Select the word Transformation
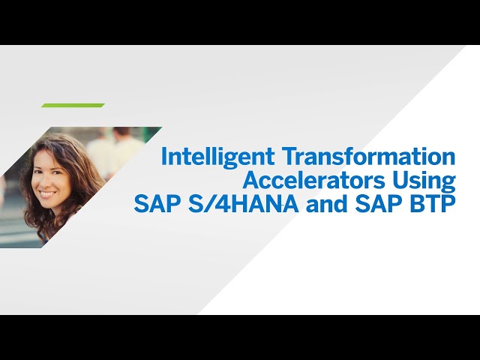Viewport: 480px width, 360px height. point(369,156)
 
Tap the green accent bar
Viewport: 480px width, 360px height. point(73,105)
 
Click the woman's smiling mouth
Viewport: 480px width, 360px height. point(46,193)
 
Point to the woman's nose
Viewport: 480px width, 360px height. point(45,183)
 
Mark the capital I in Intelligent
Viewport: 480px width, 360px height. point(163,156)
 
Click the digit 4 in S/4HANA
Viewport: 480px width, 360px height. point(226,204)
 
